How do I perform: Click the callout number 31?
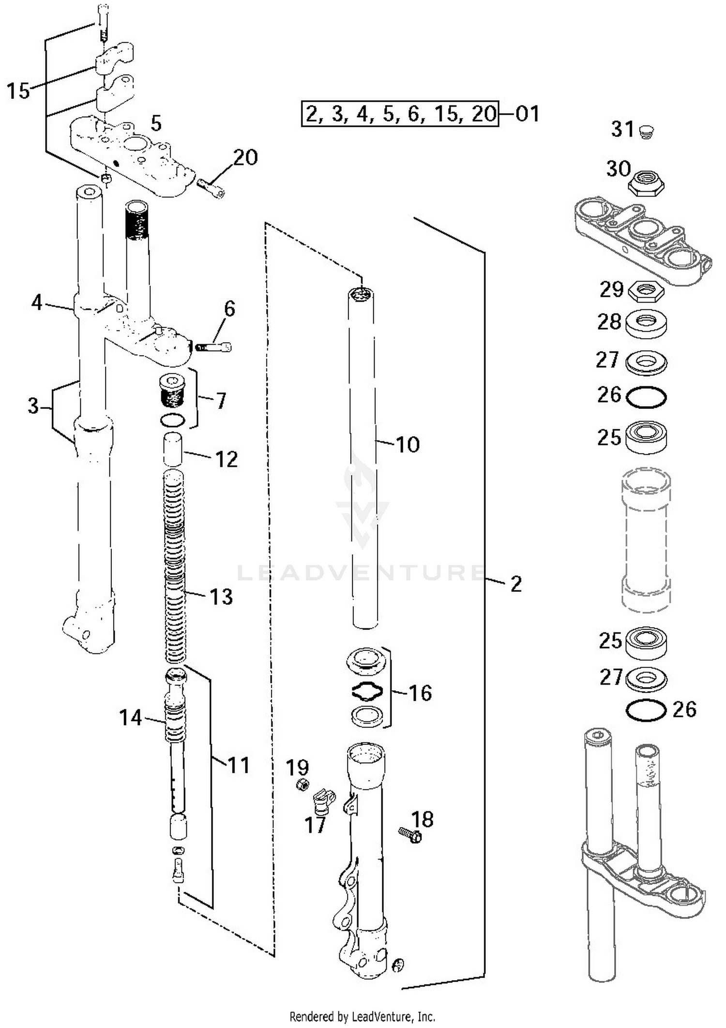tap(622, 129)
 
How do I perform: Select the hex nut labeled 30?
tap(646, 182)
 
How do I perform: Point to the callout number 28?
tap(609, 321)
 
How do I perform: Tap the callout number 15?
tap(18, 91)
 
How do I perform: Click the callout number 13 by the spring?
tap(221, 597)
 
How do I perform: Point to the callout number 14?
tap(131, 717)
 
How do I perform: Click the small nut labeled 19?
tap(302, 785)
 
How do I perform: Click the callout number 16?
tap(420, 693)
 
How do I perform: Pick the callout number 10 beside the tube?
tap(408, 444)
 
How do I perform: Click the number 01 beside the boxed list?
tap(527, 114)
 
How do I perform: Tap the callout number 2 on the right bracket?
tap(516, 584)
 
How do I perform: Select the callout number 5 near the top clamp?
tap(156, 123)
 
